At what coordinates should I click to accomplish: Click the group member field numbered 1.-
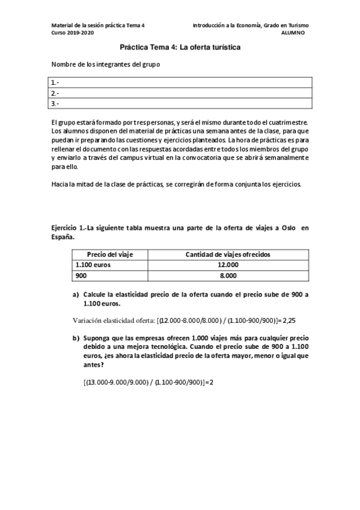pyautogui.click(x=180, y=82)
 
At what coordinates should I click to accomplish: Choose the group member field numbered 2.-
pyautogui.click(x=180, y=93)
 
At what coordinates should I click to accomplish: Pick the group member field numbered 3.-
pyautogui.click(x=180, y=103)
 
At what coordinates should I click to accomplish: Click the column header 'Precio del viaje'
pyautogui.click(x=110, y=254)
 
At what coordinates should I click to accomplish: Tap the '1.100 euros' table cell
pyautogui.click(x=93, y=265)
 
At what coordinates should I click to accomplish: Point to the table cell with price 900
pyautogui.click(x=81, y=275)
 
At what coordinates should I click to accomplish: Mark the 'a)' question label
pyautogui.click(x=76, y=295)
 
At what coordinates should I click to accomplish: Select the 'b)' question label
pyautogui.click(x=76, y=339)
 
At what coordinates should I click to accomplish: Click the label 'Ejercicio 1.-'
pyautogui.click(x=69, y=229)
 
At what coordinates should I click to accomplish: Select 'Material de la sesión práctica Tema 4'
pyautogui.click(x=99, y=25)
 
